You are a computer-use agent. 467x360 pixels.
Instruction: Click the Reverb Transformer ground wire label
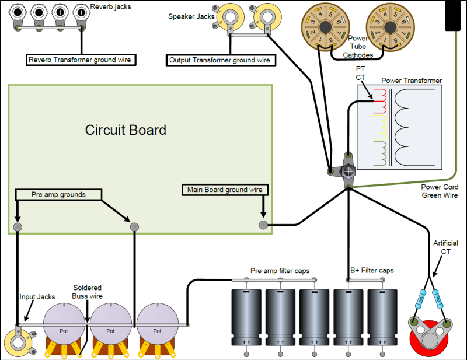(x=82, y=60)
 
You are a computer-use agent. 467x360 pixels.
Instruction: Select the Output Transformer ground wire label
(x=219, y=60)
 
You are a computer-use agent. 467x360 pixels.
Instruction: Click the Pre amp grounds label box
(x=58, y=194)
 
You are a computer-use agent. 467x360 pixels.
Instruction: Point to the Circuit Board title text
(x=126, y=130)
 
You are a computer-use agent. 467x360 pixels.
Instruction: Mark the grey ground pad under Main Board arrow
(x=263, y=225)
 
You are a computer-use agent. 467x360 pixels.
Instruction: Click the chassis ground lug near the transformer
(x=347, y=171)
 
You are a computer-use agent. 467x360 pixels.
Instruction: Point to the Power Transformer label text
(x=412, y=80)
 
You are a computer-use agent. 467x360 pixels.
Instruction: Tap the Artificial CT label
(x=445, y=247)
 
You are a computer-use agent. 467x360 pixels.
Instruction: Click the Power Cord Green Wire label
(x=440, y=191)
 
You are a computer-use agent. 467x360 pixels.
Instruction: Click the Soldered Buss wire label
(x=88, y=292)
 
